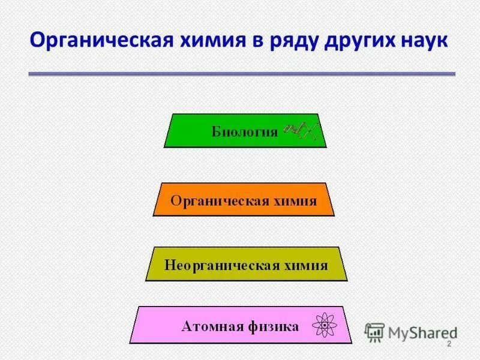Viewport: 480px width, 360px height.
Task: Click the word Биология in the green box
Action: pyautogui.click(x=244, y=131)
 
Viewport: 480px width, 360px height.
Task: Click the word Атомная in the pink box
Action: pyautogui.click(x=208, y=327)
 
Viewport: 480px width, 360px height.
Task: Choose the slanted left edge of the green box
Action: pyautogui.click(x=169, y=130)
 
